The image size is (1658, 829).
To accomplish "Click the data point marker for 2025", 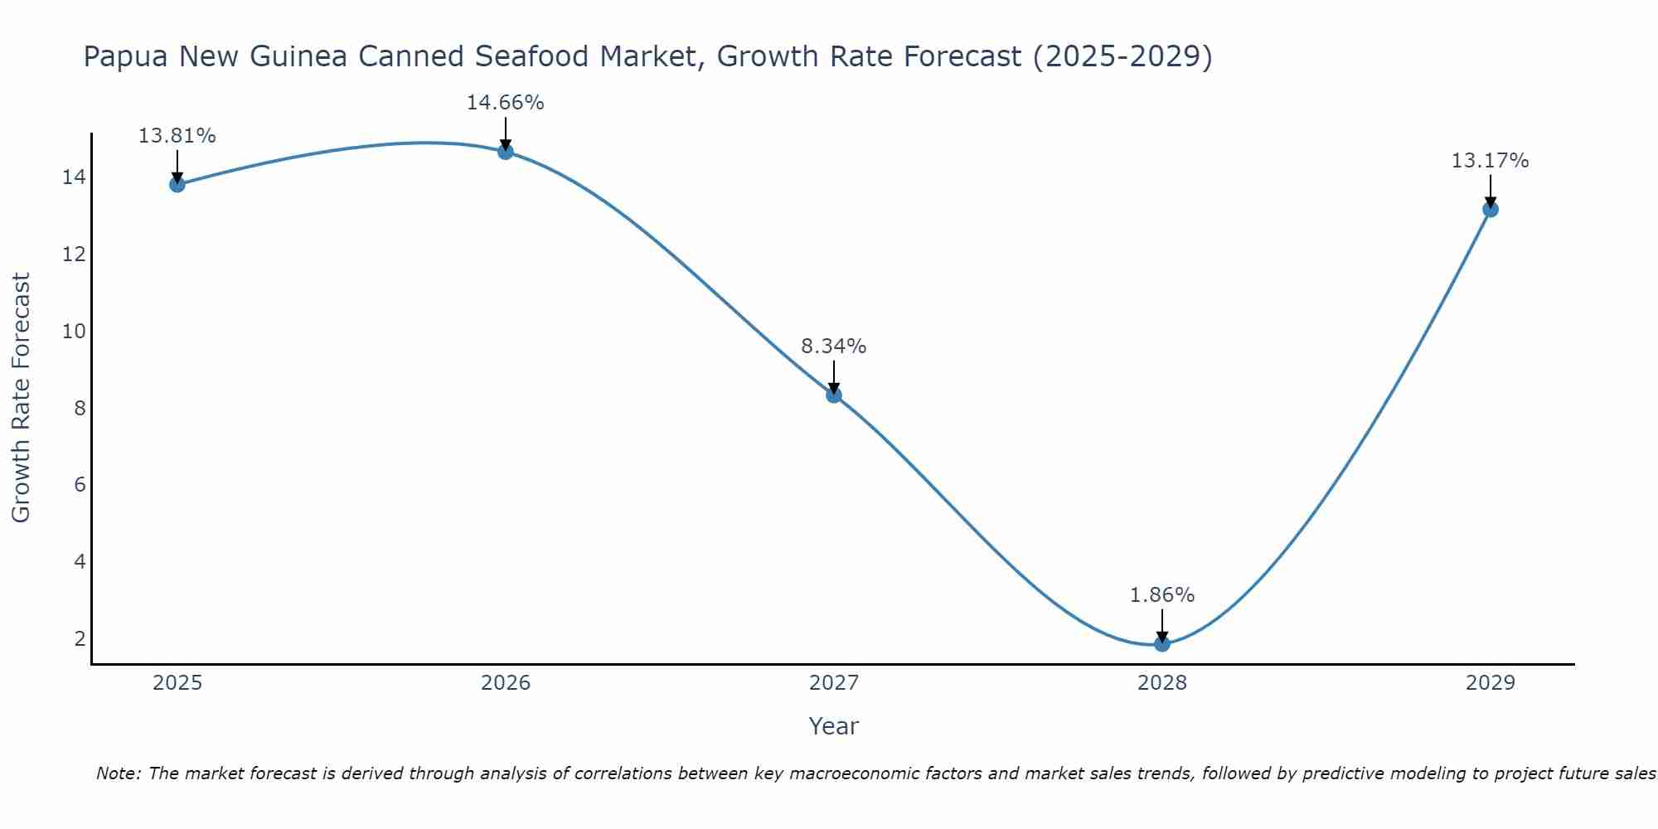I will point(177,184).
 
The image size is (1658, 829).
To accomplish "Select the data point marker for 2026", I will point(506,152).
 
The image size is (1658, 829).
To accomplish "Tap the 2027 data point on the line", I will point(834,395).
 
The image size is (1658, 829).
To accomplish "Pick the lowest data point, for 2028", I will point(1162,643).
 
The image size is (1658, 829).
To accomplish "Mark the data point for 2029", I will point(1491,209).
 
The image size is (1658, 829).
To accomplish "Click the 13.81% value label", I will point(177,136).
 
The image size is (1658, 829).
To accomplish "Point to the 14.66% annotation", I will point(506,103).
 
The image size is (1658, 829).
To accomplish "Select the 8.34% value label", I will point(834,347).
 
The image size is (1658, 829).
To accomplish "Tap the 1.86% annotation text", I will point(1162,595).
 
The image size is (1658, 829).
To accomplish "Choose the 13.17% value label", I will point(1491,161).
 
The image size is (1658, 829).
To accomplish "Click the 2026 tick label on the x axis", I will point(506,683).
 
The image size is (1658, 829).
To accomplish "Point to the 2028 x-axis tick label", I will point(1162,683).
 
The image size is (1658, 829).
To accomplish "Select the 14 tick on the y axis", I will point(75,177).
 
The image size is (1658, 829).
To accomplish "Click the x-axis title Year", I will point(834,726).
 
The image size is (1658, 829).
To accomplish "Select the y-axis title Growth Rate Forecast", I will point(21,398).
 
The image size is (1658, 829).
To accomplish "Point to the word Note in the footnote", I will point(119,773).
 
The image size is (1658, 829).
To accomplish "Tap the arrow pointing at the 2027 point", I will point(834,377).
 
